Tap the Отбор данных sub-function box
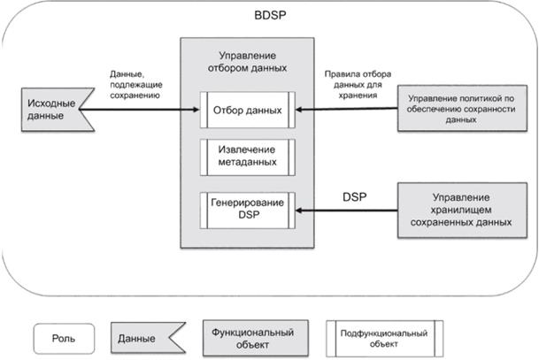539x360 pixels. [x=247, y=110]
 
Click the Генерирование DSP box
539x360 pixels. [x=247, y=210]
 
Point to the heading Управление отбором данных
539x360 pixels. [x=247, y=61]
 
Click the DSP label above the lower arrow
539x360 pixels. [x=354, y=196]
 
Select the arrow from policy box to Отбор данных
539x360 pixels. [x=345, y=110]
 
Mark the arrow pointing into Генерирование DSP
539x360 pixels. [x=345, y=211]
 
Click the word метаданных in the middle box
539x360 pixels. [x=247, y=162]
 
